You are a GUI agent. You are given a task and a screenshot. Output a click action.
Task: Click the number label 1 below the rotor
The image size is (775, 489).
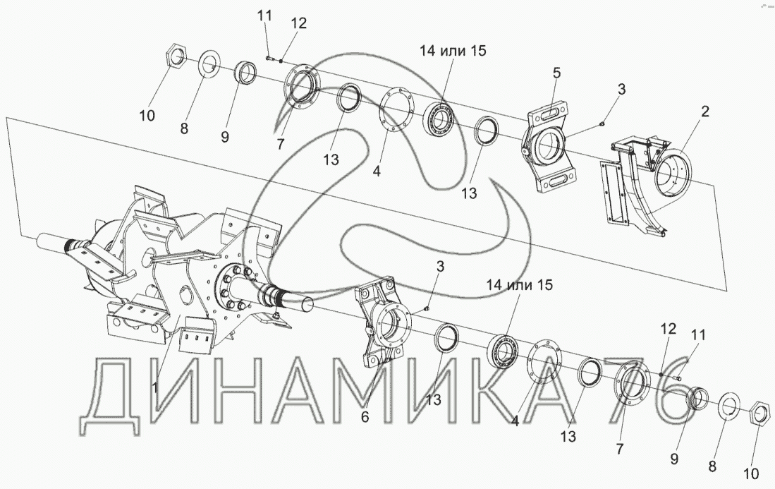click(154, 387)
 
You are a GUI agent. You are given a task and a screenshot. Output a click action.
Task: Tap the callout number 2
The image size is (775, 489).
click(704, 111)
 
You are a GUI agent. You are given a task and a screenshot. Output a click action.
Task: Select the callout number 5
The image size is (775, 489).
click(556, 73)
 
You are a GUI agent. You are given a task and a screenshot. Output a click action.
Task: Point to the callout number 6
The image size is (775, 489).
click(365, 417)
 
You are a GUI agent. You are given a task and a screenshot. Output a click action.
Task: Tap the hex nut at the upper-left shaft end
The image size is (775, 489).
click(174, 56)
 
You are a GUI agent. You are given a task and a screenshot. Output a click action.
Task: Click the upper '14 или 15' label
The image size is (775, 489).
click(453, 50)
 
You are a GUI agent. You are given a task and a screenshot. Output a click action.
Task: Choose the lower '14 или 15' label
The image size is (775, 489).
click(520, 285)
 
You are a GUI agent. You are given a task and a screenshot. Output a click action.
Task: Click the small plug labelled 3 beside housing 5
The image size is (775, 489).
click(601, 123)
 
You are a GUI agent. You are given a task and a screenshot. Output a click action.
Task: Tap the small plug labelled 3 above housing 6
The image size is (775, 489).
click(426, 309)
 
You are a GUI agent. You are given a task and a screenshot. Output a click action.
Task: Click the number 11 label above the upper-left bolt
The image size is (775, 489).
click(264, 16)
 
